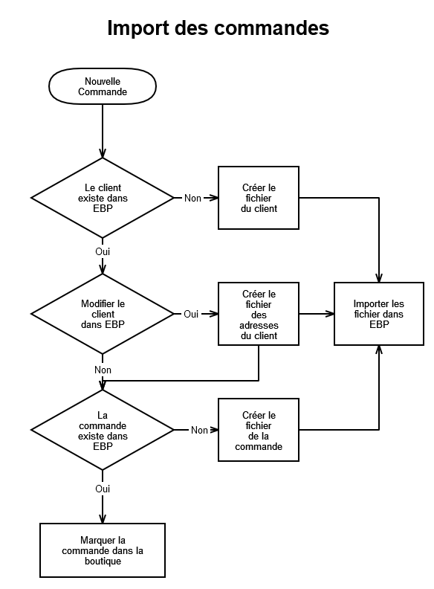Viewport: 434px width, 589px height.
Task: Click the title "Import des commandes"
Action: coord(218,28)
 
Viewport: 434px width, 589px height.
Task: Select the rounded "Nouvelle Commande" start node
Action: coord(103,86)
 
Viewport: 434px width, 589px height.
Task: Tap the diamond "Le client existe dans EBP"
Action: coord(103,198)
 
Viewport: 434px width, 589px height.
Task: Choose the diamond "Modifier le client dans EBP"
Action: coord(103,314)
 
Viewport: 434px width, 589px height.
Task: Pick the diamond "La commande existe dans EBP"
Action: coord(103,430)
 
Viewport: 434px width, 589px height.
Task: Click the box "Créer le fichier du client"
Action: coord(259,198)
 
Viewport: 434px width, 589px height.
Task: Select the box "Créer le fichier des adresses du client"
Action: coord(259,314)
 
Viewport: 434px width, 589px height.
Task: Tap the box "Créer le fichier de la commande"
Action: coord(259,430)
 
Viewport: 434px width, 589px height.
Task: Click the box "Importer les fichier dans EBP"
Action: coord(379,314)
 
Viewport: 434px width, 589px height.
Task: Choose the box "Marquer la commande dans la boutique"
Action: coord(103,550)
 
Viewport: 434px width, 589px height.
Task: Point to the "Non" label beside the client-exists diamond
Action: coord(192,198)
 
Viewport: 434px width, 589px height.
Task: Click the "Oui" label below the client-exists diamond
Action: coord(103,251)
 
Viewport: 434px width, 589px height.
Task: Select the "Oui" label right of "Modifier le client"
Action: coord(191,314)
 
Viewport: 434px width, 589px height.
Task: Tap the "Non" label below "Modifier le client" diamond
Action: coord(103,370)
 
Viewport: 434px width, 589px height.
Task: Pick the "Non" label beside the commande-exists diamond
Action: coord(199,430)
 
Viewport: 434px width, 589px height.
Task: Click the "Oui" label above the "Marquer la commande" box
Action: coord(103,489)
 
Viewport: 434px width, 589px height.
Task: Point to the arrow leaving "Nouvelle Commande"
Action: coord(103,131)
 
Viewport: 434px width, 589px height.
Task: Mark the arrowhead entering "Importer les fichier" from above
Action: coord(379,278)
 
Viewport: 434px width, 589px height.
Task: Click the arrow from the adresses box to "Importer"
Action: coord(317,314)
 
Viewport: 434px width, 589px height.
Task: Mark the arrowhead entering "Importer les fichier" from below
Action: coord(379,350)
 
